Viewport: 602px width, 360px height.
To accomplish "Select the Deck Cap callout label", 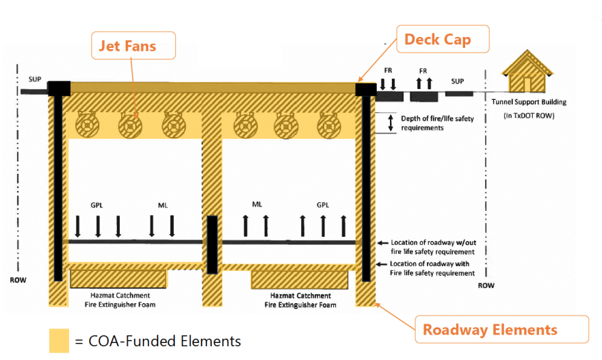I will pos(437,39).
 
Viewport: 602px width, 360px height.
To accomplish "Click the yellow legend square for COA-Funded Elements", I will pos(59,340).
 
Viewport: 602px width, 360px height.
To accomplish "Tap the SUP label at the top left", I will pos(34,79).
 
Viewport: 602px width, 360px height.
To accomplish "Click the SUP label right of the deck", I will pos(457,81).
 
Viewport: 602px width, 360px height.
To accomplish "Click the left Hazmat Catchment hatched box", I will pos(118,279).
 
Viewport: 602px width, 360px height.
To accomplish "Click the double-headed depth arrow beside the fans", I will pos(391,123).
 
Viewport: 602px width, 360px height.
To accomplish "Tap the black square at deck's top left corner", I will pos(59,88).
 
